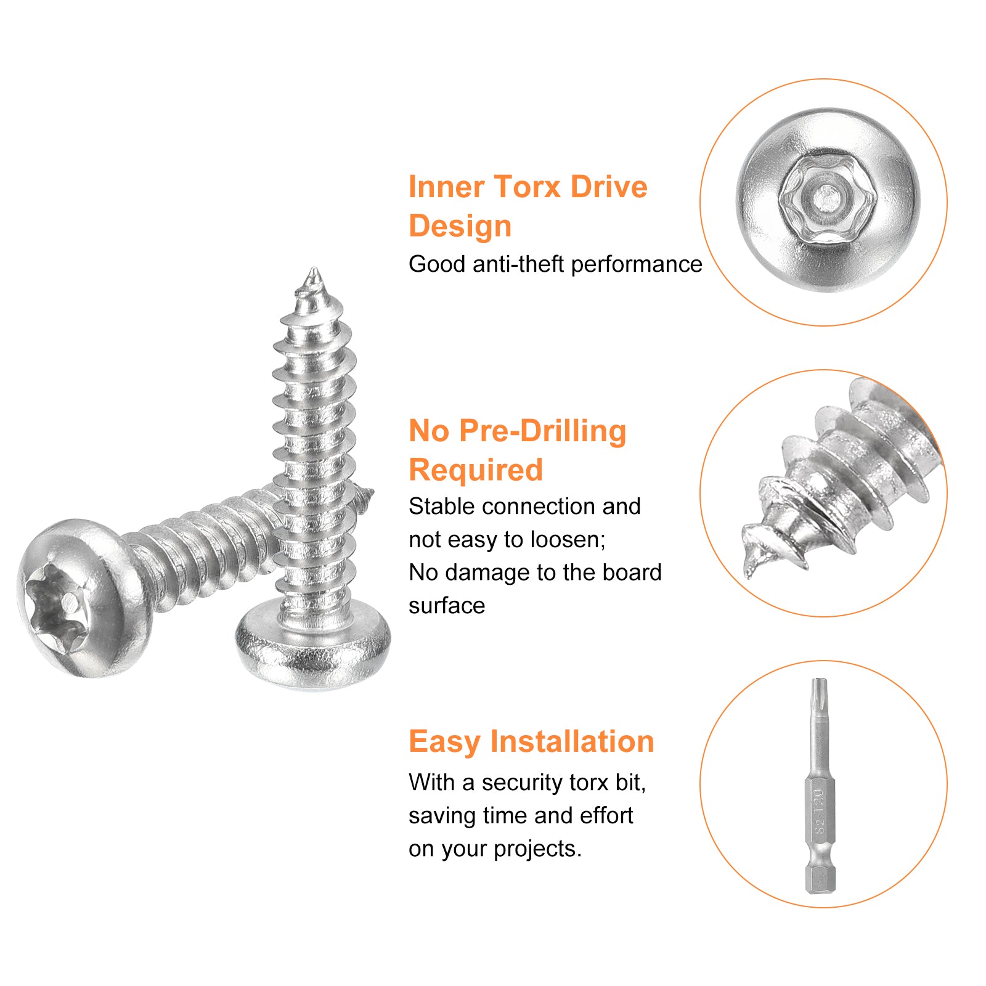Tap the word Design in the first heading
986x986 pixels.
tap(460, 226)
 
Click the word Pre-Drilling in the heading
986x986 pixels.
tap(542, 431)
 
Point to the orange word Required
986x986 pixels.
tap(476, 470)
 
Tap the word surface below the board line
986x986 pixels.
tap(447, 606)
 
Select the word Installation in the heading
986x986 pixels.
tap(572, 741)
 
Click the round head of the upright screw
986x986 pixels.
tap(313, 643)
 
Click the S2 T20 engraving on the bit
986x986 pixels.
tap(818, 812)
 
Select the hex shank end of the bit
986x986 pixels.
tap(820, 878)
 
